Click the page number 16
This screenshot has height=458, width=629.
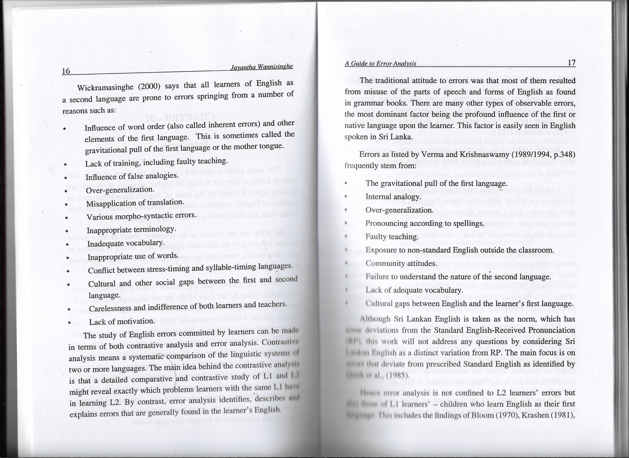point(66,71)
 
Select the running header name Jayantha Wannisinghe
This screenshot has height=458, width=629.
point(262,67)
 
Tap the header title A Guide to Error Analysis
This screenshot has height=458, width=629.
point(380,64)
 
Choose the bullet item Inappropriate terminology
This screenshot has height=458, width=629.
point(131,230)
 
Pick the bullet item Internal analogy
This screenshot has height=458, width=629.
point(393,197)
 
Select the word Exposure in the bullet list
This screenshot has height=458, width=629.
point(379,250)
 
